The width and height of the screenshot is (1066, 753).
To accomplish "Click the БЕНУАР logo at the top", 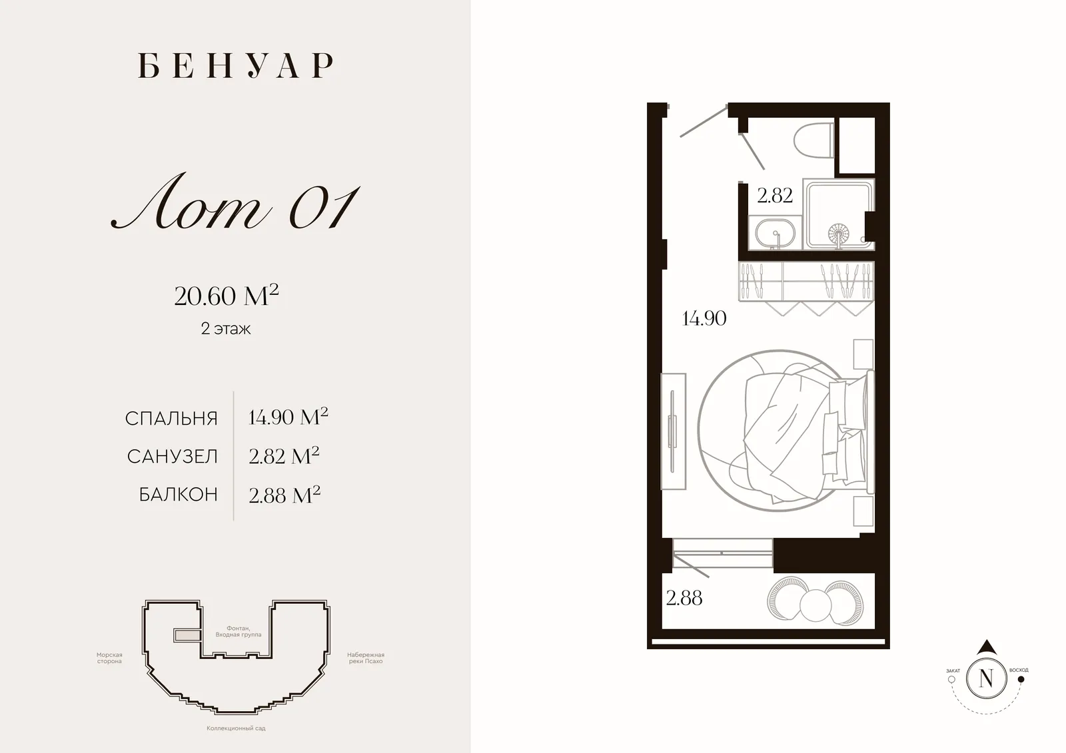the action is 236,65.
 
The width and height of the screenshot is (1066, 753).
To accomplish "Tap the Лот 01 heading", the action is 235,202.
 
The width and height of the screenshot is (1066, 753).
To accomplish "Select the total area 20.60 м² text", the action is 227,296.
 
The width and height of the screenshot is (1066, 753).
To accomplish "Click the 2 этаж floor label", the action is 226,329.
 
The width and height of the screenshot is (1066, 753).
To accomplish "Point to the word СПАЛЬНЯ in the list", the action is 171,419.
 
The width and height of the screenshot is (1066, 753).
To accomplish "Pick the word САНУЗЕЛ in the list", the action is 173,457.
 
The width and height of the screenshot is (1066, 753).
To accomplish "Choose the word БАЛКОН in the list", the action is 179,495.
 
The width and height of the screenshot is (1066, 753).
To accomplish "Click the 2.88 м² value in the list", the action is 284,495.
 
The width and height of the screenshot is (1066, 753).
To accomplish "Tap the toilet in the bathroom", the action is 813,140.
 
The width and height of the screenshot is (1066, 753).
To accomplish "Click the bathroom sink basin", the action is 776,233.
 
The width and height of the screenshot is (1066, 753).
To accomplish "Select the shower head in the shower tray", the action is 838,234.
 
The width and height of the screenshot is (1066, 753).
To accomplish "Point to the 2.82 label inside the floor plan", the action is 775,196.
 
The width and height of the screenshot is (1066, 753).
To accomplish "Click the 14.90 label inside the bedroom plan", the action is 704,318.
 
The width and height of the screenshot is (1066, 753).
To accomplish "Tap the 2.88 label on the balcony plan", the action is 684,598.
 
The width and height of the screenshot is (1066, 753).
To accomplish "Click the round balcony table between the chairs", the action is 815,606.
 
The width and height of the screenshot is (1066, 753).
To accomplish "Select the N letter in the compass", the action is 986,678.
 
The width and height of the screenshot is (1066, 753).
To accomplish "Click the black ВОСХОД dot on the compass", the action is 1021,679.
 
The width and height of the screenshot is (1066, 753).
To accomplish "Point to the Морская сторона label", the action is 109,658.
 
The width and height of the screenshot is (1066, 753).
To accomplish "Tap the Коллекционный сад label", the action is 236,728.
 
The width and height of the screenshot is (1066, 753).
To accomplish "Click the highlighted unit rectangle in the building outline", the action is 187,635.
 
